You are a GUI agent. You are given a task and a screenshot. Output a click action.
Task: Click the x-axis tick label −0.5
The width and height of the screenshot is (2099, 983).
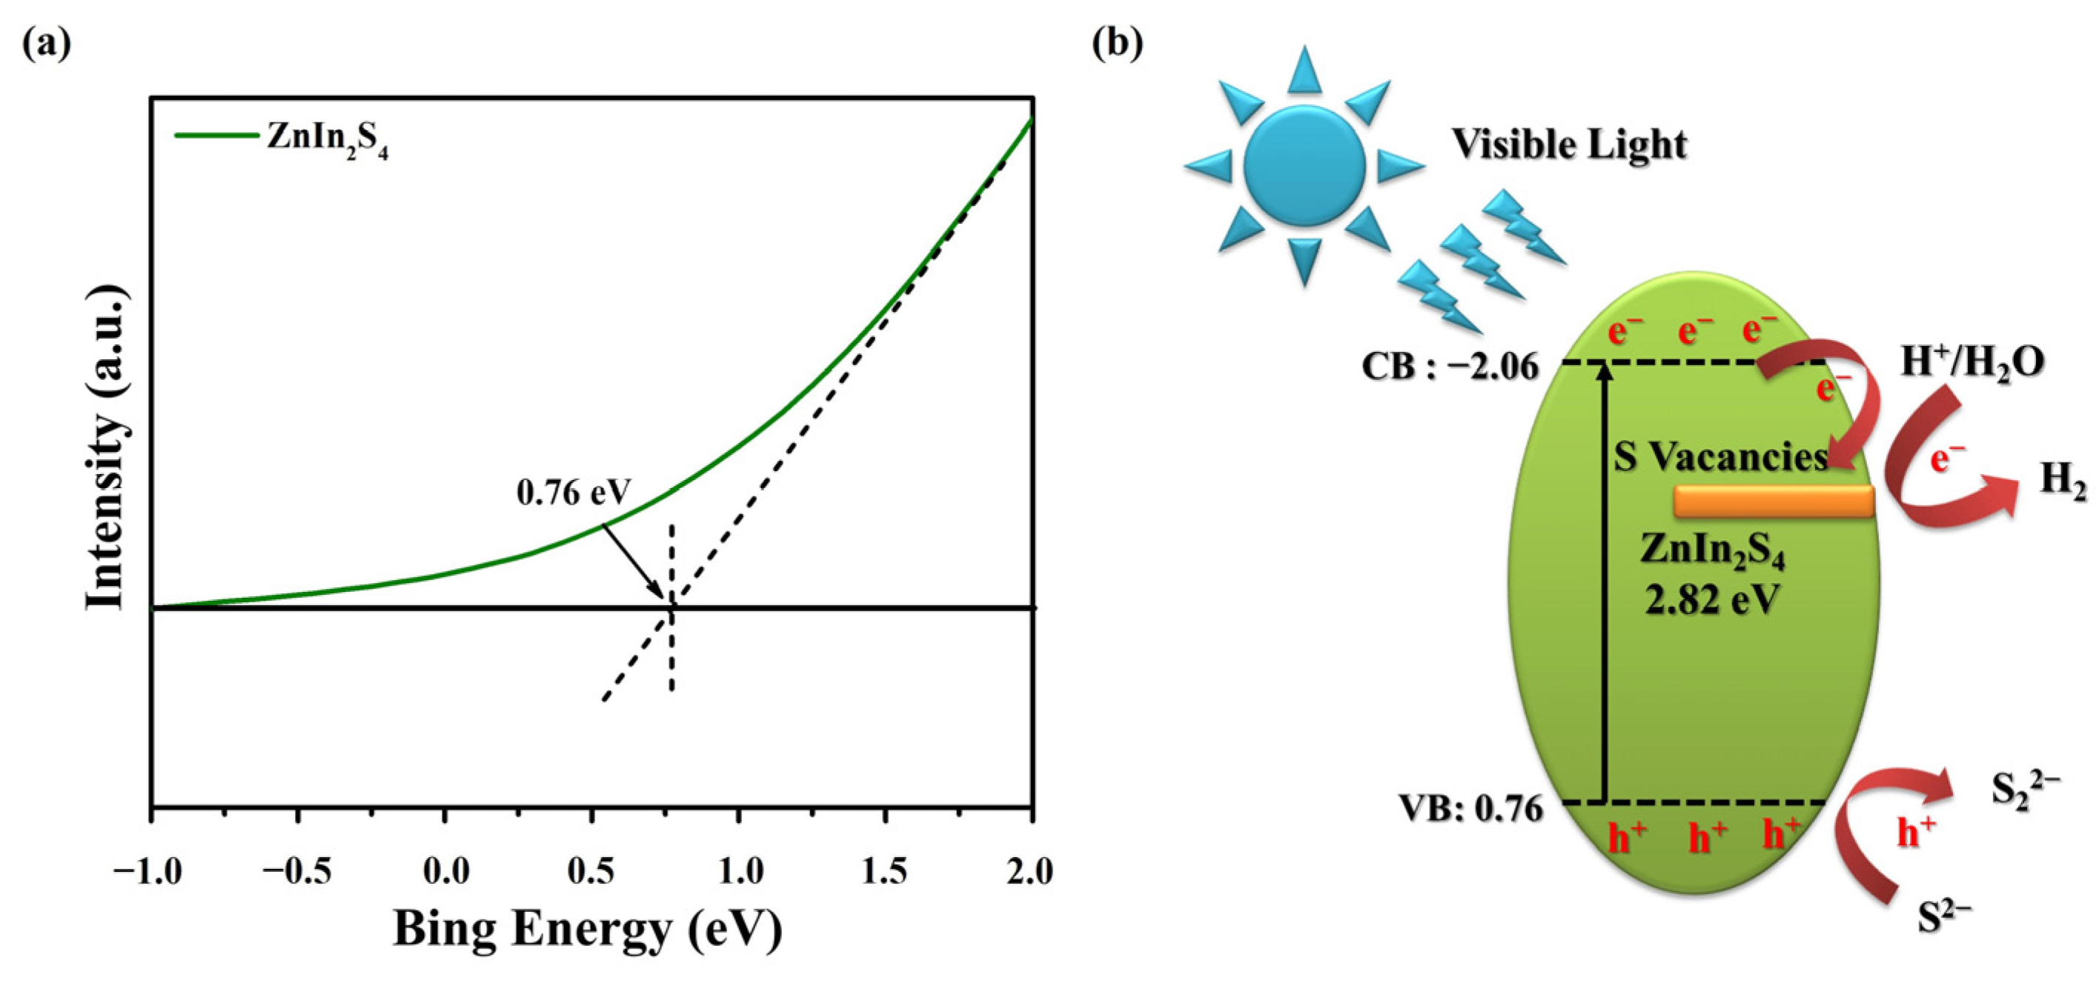click(296, 871)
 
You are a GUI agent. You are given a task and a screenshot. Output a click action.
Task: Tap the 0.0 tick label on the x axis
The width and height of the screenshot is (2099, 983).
click(445, 871)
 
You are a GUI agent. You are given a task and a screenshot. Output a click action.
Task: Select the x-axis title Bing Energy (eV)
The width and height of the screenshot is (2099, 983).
click(588, 928)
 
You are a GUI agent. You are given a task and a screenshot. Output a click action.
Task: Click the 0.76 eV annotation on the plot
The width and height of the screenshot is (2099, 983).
click(574, 492)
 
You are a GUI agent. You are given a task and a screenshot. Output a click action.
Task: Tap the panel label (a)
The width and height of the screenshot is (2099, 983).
click(47, 43)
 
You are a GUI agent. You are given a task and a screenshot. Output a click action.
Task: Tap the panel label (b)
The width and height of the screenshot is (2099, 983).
click(1117, 43)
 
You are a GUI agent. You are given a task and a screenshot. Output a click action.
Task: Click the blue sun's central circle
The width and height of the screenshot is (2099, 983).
click(1304, 165)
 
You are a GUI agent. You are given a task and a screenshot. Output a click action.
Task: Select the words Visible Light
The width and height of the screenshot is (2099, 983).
click(1568, 144)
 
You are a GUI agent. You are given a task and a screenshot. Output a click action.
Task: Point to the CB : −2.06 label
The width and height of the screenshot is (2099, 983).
click(1450, 367)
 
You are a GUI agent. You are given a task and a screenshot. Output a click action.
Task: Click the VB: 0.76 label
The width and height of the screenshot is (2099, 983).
click(1470, 809)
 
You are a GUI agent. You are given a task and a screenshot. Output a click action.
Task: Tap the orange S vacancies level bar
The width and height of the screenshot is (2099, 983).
click(1774, 502)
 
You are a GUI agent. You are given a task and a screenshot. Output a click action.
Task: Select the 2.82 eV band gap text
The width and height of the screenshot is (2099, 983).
click(1711, 600)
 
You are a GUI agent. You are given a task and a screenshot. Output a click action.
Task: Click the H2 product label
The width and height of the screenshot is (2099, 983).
click(2063, 481)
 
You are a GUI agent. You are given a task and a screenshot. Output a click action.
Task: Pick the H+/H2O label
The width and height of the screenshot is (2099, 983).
click(1972, 361)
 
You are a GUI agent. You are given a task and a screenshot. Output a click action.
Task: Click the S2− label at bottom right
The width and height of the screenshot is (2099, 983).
click(1944, 919)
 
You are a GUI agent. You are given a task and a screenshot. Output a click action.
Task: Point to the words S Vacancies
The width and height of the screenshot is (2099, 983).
click(1721, 456)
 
